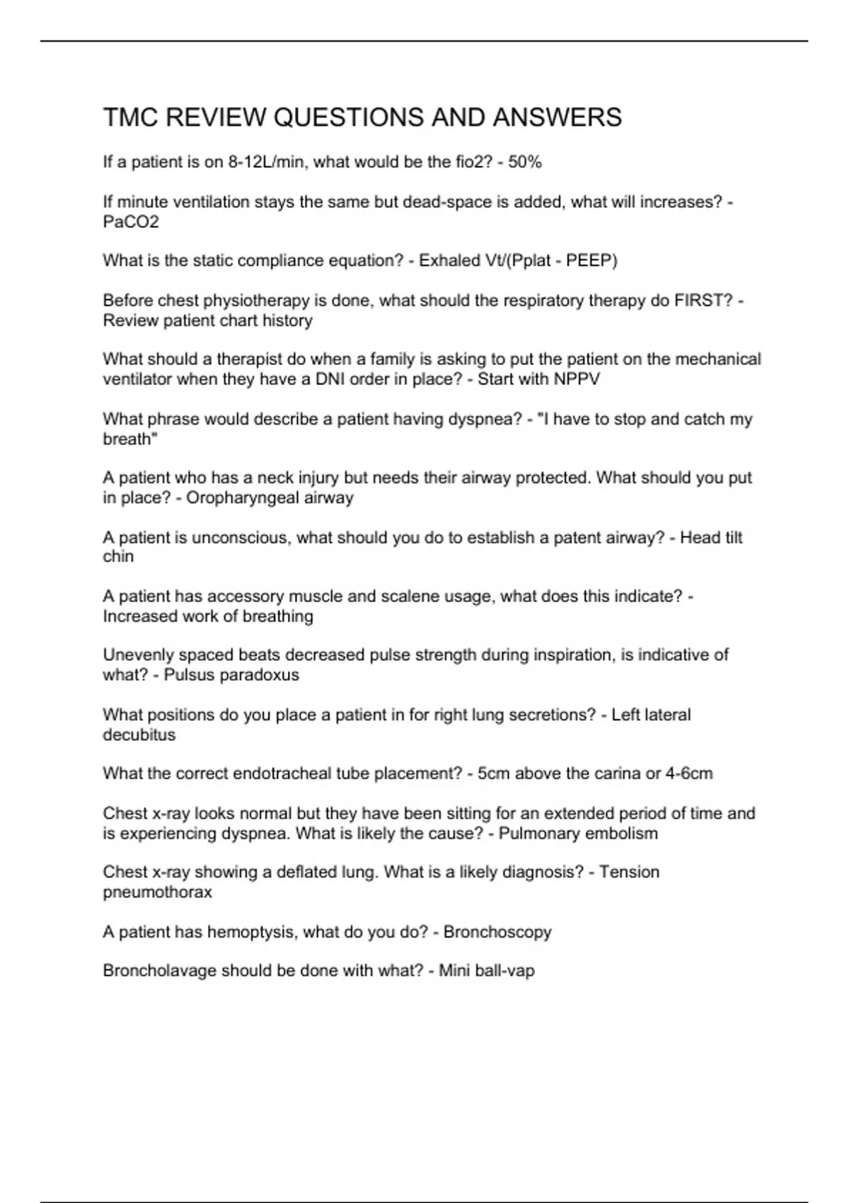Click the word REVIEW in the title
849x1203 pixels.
tap(215, 117)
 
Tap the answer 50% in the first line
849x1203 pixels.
tap(525, 162)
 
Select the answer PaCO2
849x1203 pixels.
tap(131, 221)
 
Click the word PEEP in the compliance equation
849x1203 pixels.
tap(589, 260)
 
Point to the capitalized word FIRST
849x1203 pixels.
tap(703, 301)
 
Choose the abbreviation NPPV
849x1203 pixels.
tap(577, 379)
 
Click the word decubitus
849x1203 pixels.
tap(139, 735)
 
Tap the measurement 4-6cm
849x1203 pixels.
tap(689, 773)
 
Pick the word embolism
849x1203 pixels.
tap(620, 833)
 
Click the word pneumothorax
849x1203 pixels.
tap(157, 892)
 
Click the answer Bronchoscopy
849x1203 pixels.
tap(497, 932)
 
